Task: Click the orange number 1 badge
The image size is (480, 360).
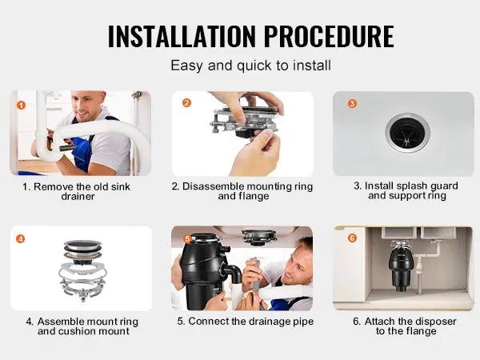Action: (x=21, y=106)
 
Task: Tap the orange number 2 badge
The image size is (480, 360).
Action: (x=186, y=103)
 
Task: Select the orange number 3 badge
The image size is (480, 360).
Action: (x=352, y=103)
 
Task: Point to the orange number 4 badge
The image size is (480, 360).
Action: (x=21, y=238)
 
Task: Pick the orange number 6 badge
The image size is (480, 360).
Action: (x=352, y=238)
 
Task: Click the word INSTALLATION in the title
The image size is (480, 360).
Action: (x=182, y=36)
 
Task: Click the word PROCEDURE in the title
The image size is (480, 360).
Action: (x=329, y=36)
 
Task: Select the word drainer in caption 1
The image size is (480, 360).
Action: (x=78, y=196)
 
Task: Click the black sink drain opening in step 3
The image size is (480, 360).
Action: (x=407, y=133)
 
